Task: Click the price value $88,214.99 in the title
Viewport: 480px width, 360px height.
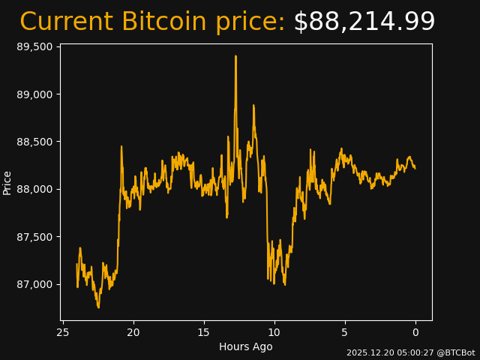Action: [364, 22]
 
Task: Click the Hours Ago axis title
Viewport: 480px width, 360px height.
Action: [246, 346]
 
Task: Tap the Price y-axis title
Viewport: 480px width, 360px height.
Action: [7, 182]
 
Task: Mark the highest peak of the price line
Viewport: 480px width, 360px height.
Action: [235, 55]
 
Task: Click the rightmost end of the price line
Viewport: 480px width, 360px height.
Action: [415, 167]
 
